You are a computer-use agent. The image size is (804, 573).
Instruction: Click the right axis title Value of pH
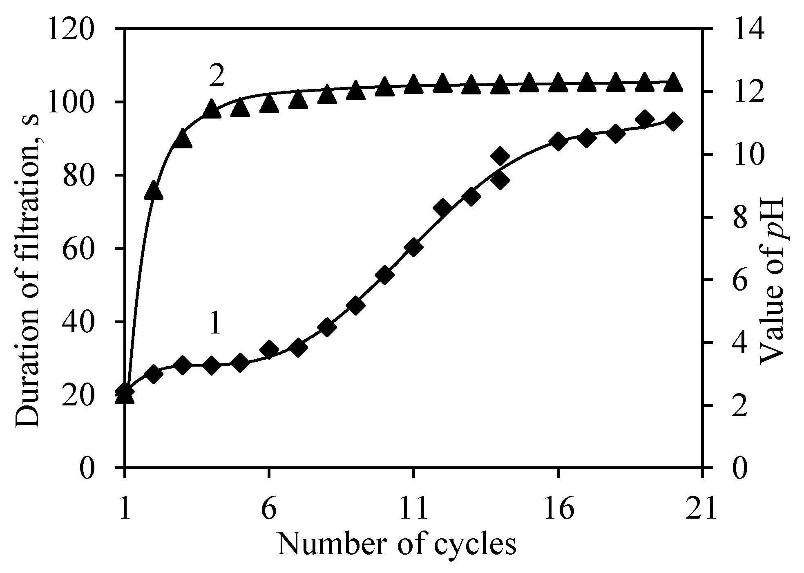771,282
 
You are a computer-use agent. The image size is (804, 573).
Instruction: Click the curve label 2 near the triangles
217,76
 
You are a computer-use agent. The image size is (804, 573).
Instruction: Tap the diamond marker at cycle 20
673,122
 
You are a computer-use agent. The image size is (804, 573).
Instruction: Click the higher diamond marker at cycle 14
500,156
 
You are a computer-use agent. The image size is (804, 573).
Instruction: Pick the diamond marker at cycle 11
413,248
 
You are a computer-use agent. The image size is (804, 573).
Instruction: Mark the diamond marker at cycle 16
558,142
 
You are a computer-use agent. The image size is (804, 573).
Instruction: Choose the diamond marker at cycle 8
327,327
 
